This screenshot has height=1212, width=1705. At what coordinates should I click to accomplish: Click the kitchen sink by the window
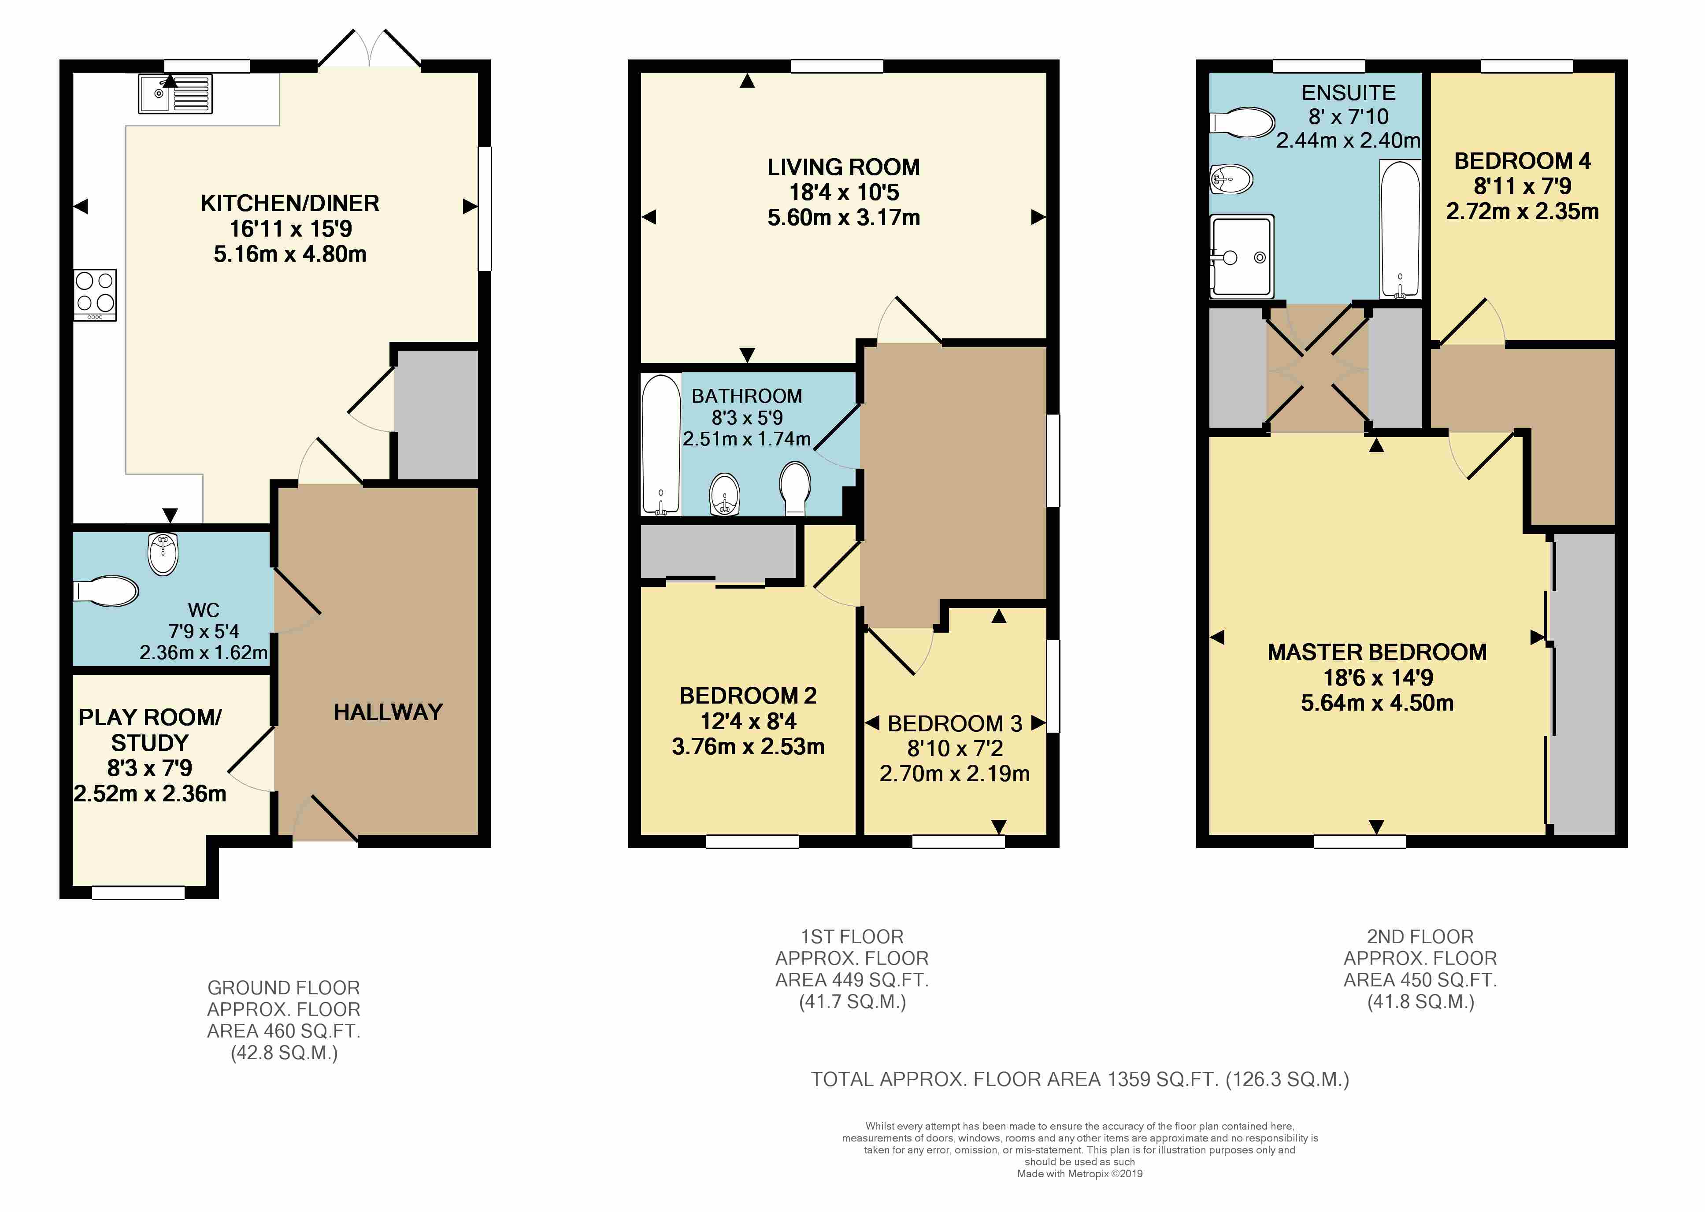tap(175, 93)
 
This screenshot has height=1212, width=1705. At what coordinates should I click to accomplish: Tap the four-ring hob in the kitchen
tap(95, 295)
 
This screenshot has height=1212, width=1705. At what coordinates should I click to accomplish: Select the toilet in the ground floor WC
tap(106, 591)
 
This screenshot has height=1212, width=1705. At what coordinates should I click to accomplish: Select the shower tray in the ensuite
tap(1242, 256)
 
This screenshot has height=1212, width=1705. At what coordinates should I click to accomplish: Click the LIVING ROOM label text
tap(843, 167)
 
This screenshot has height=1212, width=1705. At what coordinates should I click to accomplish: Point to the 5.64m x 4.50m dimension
tap(1377, 703)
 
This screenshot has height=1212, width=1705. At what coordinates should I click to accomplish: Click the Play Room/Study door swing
tap(252, 759)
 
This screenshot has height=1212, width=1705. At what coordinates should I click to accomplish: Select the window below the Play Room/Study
tap(138, 893)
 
